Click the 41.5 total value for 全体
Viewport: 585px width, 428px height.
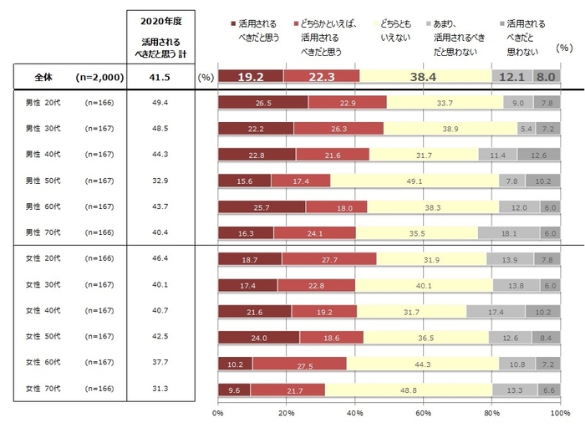159,78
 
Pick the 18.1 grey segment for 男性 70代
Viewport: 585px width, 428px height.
509,234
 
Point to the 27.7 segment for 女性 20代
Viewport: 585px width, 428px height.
329,261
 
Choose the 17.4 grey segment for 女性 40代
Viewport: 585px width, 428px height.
496,312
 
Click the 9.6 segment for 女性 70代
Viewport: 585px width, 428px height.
234,390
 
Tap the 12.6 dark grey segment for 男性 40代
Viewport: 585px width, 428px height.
538,155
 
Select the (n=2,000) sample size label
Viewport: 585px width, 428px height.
99,78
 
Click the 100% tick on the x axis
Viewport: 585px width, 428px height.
558,413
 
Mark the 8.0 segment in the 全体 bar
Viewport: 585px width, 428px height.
546,78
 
